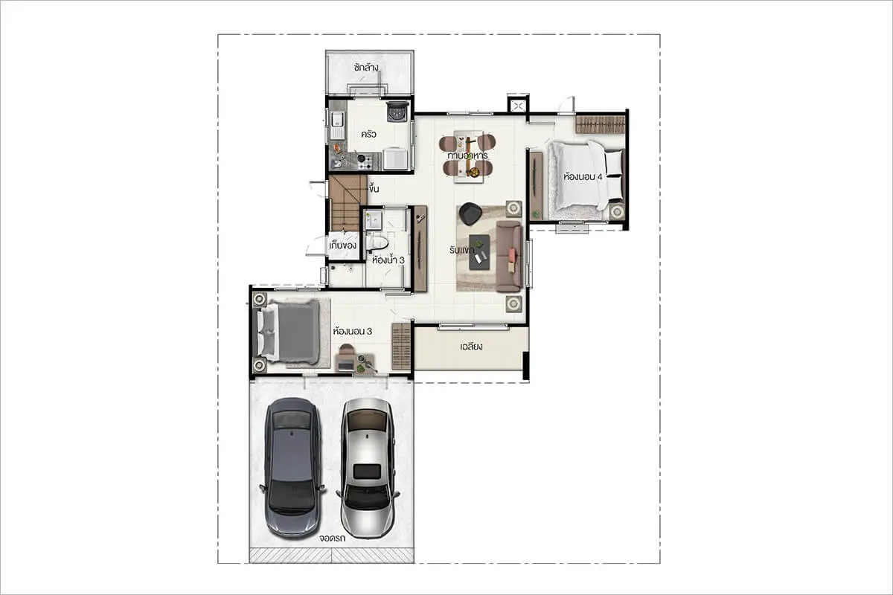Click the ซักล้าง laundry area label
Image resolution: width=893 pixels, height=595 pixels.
366,68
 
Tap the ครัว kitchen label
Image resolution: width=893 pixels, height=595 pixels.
368,135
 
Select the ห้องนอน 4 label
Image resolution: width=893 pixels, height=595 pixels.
583,177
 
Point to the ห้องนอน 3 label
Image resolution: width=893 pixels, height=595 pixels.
353,331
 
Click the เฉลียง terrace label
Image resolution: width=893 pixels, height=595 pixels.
471,347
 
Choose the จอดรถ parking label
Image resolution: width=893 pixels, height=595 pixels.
332,538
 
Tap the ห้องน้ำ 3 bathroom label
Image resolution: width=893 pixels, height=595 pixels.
388,260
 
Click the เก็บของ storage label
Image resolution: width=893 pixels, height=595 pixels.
343,246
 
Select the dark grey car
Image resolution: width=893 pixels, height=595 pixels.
292,468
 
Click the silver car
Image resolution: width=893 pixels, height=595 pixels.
368,468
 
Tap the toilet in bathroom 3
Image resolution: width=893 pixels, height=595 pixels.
377,242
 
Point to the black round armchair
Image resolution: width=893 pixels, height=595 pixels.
470,213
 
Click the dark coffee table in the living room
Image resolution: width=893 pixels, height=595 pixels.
479,252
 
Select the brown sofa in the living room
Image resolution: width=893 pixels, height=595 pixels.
509,257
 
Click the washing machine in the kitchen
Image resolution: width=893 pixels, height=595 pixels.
397,112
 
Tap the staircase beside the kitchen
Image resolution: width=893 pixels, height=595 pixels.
348,203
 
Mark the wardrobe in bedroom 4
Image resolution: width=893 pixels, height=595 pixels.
601,125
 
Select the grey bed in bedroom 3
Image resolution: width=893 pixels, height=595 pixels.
289,332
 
